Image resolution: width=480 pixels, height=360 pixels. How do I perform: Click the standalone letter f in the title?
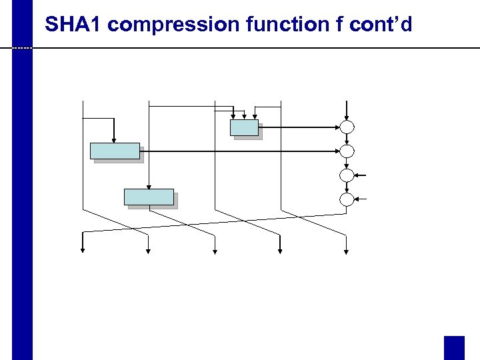pyautogui.click(x=342, y=25)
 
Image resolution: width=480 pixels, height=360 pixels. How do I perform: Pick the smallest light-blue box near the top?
pyautogui.click(x=244, y=127)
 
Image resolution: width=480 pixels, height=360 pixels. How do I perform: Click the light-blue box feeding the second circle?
pyautogui.click(x=115, y=151)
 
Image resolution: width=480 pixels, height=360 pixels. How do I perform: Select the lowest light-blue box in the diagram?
pyautogui.click(x=149, y=197)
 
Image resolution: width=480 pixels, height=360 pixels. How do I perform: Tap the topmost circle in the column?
pyautogui.click(x=347, y=127)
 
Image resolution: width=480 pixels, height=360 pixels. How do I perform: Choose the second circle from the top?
pyautogui.click(x=347, y=151)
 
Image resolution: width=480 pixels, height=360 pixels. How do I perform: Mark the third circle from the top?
pyautogui.click(x=347, y=175)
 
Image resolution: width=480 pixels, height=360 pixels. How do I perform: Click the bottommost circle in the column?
pyautogui.click(x=347, y=199)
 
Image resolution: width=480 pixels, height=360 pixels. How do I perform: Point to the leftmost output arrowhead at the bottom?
pyautogui.click(x=83, y=250)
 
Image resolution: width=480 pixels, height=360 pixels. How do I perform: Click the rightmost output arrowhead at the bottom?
pyautogui.click(x=346, y=250)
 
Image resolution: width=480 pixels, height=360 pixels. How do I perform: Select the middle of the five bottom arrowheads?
pyautogui.click(x=215, y=250)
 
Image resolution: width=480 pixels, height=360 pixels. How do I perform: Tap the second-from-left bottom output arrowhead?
pyautogui.click(x=149, y=250)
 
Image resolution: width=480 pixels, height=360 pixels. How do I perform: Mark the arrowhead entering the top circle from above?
pyautogui.click(x=347, y=117)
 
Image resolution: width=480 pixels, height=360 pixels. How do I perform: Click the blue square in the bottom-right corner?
pyautogui.click(x=454, y=347)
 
